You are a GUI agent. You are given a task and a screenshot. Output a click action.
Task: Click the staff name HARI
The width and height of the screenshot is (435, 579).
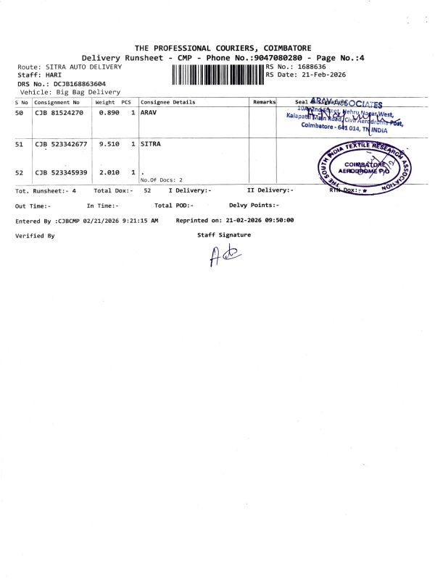pos(54,75)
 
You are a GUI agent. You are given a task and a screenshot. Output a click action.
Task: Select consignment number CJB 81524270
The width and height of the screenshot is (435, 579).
pos(59,113)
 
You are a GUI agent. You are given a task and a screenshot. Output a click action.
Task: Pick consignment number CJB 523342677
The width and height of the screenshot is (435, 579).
pos(61,145)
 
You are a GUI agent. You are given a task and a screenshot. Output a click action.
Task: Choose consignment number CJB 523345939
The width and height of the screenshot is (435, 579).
pos(61,172)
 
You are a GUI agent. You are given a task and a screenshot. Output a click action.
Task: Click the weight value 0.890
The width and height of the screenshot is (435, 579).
pos(109,113)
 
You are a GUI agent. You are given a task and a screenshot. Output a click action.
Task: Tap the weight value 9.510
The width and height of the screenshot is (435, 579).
pos(109,145)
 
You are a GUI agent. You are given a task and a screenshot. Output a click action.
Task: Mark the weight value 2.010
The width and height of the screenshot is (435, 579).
pos(109,172)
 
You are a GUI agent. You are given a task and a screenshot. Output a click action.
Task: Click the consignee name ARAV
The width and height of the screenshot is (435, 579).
pos(149,113)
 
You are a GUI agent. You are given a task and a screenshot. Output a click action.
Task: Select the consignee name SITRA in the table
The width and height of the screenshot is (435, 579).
pos(151,145)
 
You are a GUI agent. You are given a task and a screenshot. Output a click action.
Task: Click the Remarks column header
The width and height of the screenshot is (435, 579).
pos(264,102)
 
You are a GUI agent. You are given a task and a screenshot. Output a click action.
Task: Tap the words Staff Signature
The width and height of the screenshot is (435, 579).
pos(224,234)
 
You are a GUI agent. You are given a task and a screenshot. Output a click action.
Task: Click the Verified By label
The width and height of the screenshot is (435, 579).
pos(35,235)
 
